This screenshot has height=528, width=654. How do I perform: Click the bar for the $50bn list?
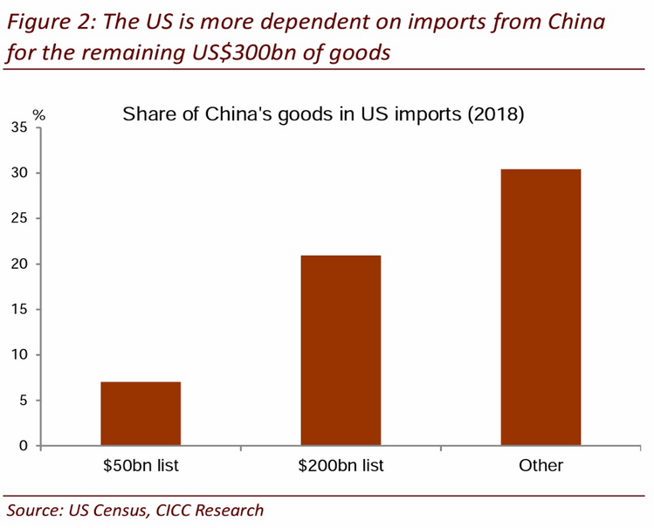[x=141, y=414]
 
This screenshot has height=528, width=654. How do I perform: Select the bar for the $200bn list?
[x=341, y=350]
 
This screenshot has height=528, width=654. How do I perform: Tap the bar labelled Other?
[x=540, y=307]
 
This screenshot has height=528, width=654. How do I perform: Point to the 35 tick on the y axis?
[x=19, y=128]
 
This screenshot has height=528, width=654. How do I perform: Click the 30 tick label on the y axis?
[x=19, y=174]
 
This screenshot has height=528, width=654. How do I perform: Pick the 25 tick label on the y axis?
[x=19, y=219]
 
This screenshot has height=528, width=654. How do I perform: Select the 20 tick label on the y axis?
[x=19, y=264]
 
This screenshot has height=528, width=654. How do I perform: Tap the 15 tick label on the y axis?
[x=19, y=310]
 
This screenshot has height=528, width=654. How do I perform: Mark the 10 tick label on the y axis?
[x=19, y=355]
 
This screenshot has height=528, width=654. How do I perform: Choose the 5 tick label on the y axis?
[x=24, y=401]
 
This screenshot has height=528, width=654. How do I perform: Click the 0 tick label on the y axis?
[x=24, y=446]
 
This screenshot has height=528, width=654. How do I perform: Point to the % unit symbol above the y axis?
[x=38, y=114]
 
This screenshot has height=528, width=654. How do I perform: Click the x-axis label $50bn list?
[x=141, y=466]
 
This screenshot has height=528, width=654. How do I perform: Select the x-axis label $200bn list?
[x=341, y=466]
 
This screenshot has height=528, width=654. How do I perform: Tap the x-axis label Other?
[x=540, y=466]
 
